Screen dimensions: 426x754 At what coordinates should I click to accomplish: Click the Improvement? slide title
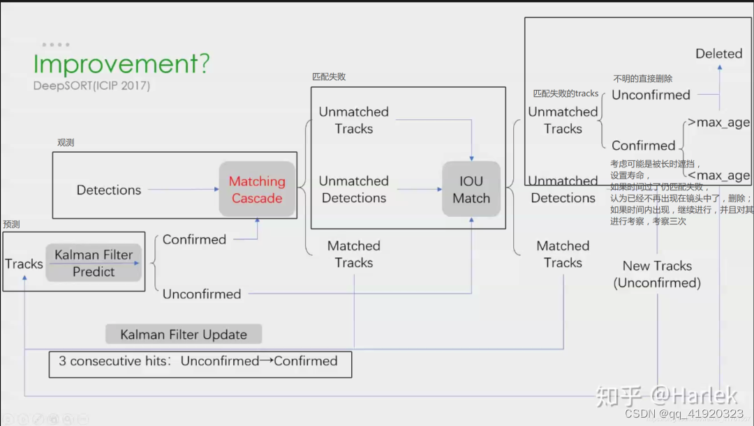[121, 64]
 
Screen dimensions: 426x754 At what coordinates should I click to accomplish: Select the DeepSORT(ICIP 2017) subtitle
[91, 86]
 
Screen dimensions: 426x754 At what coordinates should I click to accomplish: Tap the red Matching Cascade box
[258, 190]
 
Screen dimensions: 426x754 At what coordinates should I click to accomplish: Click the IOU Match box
[471, 190]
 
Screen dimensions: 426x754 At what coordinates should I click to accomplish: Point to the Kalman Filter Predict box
[94, 263]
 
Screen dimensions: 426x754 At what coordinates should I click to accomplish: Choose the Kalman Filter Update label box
[184, 335]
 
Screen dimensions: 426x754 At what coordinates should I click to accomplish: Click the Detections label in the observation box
[109, 190]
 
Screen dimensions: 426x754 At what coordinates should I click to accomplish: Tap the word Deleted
[718, 54]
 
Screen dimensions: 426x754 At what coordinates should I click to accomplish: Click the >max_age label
[718, 123]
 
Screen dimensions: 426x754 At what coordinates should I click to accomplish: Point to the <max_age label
[718, 176]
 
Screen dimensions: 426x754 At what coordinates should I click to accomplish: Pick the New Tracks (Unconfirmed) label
[657, 274]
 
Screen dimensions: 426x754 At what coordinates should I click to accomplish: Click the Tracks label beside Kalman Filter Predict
[24, 264]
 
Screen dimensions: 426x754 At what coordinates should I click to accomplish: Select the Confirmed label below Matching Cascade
[194, 239]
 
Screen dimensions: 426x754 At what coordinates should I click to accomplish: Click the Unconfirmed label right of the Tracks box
[202, 294]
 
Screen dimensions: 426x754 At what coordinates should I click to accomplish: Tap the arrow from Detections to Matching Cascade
[184, 189]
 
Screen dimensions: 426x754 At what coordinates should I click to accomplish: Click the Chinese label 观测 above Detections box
[66, 143]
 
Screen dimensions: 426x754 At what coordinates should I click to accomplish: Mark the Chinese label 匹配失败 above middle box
[329, 77]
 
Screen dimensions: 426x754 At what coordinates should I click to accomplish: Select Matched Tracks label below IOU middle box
[354, 254]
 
